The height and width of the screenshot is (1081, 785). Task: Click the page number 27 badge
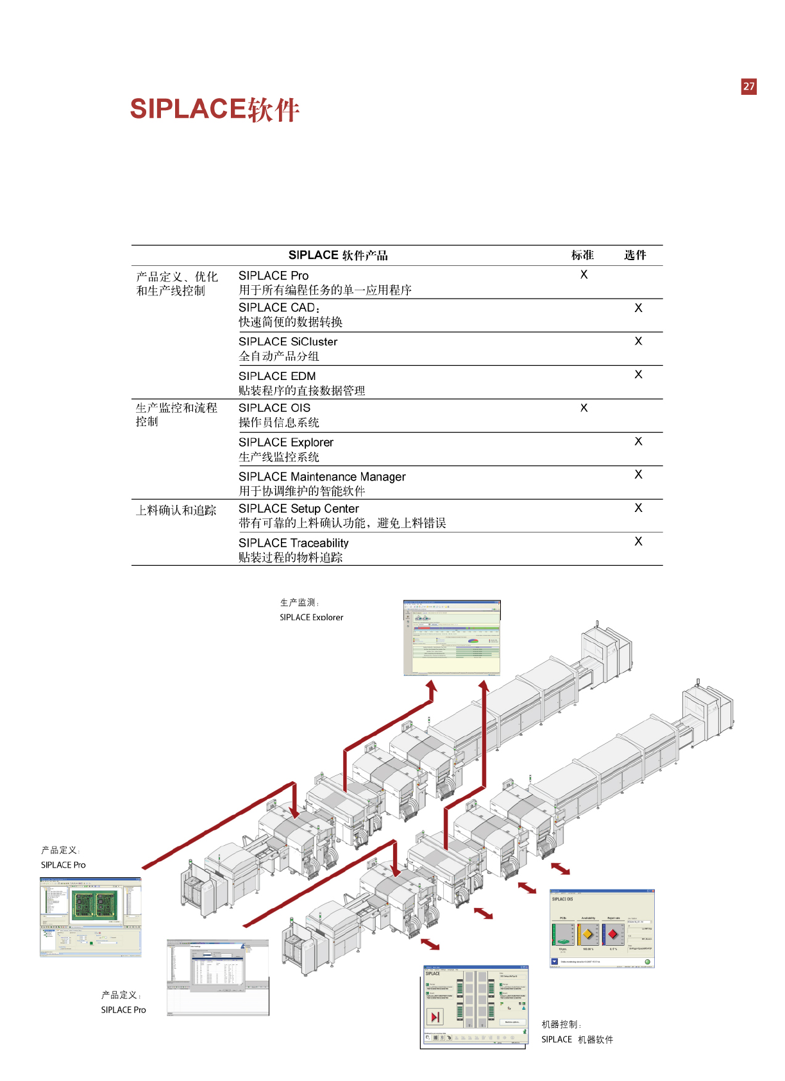[x=748, y=87]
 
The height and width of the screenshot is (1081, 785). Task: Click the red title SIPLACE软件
[x=214, y=110]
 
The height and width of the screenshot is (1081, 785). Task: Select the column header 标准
[x=582, y=255]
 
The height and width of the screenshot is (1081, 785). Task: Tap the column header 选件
[x=635, y=255]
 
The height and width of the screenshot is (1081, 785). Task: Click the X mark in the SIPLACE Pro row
[x=584, y=274]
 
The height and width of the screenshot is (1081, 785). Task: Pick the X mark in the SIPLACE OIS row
[x=584, y=408]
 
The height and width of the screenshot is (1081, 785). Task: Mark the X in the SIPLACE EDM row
[x=638, y=374]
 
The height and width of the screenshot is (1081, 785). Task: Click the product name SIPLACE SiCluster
[x=288, y=342]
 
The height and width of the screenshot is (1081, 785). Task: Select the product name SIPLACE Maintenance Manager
[x=322, y=477]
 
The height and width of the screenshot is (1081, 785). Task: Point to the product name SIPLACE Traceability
[x=294, y=543]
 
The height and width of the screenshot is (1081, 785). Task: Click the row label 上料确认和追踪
[x=176, y=511]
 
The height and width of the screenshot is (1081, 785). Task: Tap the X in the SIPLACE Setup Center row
[x=638, y=507]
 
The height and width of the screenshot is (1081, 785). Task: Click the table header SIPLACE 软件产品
[x=338, y=255]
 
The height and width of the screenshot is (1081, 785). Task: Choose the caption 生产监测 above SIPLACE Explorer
[x=299, y=602]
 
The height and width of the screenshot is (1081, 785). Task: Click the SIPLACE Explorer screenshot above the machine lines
[x=452, y=638]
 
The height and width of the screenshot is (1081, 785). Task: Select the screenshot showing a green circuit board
[x=90, y=916]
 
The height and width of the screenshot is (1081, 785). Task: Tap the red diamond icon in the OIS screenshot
[x=612, y=934]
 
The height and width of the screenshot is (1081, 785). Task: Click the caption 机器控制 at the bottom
[x=561, y=1025]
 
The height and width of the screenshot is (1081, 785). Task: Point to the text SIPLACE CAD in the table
[x=277, y=308]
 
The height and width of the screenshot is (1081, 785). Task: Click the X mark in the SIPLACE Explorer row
[x=638, y=441]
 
